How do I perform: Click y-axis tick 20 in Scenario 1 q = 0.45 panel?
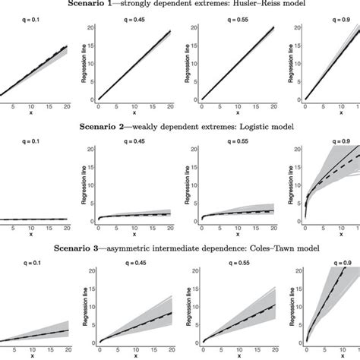click(90, 27)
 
